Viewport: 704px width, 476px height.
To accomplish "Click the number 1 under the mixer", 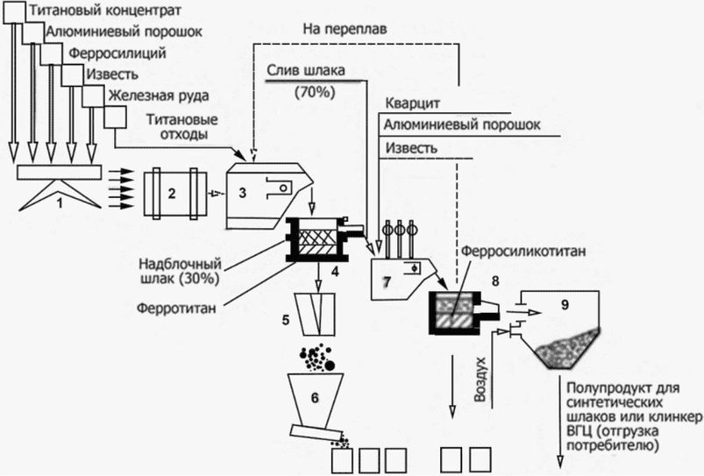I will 57,203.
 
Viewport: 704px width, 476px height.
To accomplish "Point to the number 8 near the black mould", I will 495,281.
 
